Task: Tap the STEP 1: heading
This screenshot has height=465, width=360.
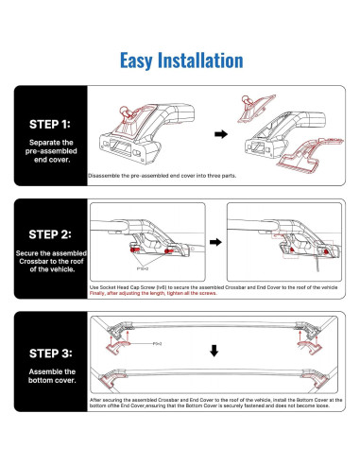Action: pos(45,122)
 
